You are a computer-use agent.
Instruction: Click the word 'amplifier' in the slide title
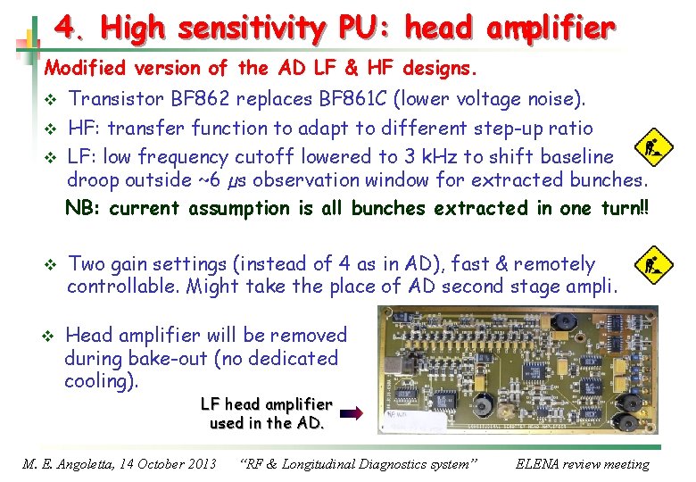[551, 29]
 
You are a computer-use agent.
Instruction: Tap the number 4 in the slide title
[65, 29]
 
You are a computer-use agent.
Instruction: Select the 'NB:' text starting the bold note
[84, 208]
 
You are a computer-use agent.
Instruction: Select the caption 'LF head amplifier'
[266, 404]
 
